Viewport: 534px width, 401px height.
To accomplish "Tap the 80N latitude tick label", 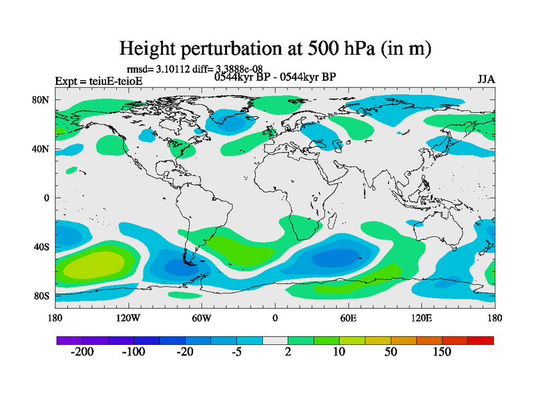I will (42, 100).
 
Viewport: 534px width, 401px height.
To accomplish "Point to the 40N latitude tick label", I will (42, 149).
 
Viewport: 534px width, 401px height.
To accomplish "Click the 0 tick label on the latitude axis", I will (47, 198).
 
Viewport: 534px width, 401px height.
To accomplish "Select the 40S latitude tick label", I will (42, 247).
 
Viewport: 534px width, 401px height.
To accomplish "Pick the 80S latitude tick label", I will (42, 296).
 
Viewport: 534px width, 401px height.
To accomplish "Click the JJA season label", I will (486, 80).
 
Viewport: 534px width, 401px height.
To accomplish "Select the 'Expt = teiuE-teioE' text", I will (98, 82).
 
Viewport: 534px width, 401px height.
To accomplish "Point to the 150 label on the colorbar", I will (443, 353).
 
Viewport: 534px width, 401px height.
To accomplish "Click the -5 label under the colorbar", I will (236, 353).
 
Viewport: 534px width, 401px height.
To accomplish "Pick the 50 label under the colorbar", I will (391, 353).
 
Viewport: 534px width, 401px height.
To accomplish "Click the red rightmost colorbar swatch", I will (481, 341).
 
